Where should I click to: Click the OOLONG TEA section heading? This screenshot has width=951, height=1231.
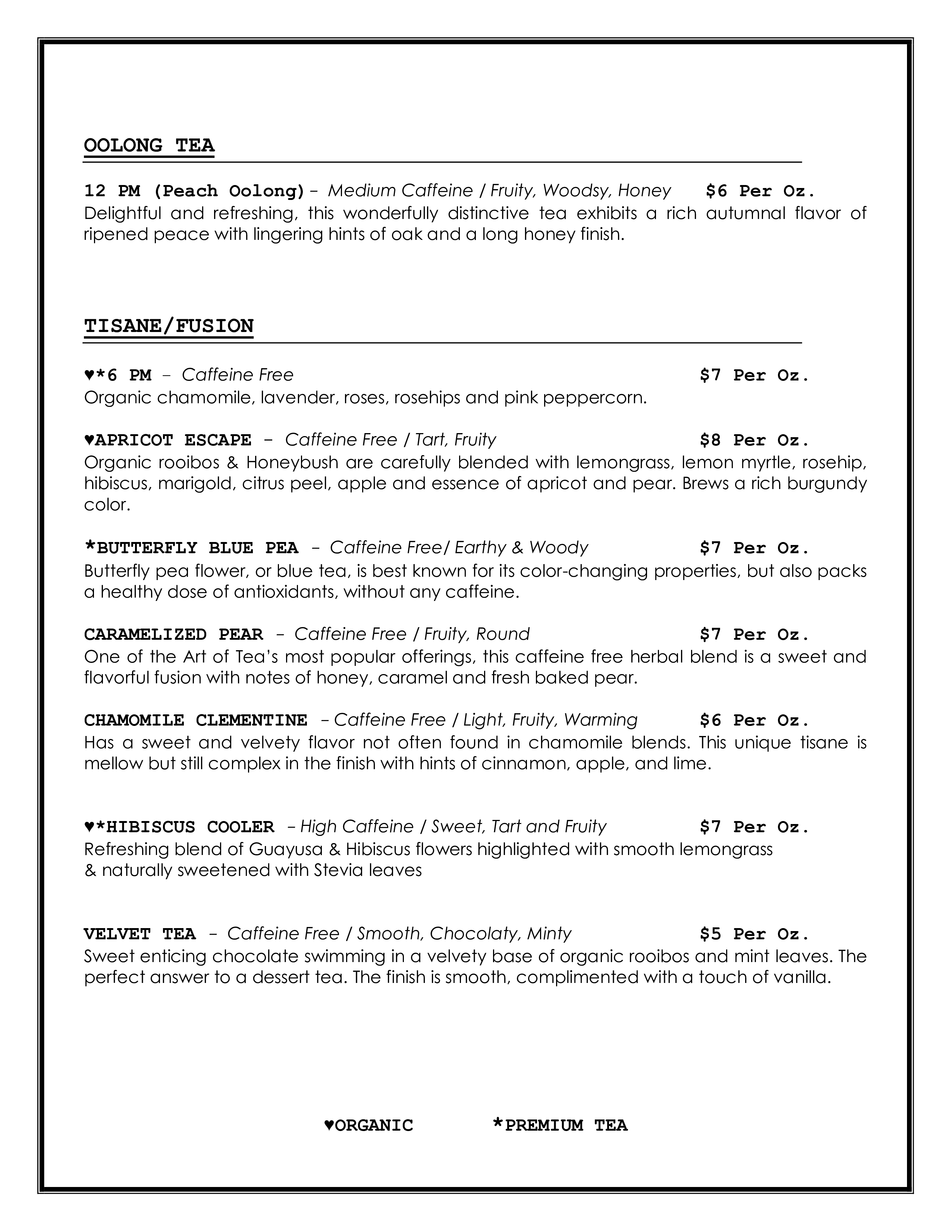coord(149,145)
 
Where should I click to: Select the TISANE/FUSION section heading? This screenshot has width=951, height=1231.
coord(169,326)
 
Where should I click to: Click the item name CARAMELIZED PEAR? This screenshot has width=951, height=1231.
coord(173,635)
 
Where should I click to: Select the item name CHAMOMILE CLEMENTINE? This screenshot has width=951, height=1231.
coord(195,720)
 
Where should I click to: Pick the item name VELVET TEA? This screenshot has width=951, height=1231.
coord(140,934)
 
